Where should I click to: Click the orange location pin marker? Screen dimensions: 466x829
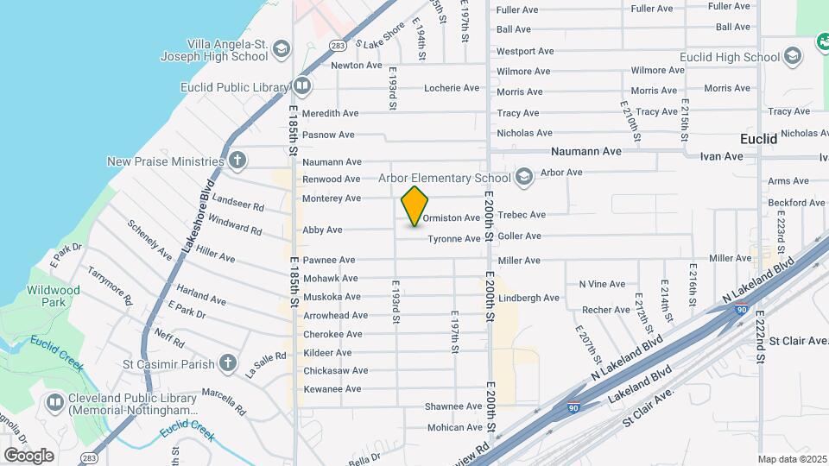[415, 206]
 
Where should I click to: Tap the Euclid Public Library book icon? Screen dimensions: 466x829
[302, 86]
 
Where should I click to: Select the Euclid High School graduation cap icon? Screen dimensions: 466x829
[793, 57]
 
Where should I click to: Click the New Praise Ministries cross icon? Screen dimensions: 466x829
[237, 161]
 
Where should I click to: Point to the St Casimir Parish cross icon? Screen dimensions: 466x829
[227, 363]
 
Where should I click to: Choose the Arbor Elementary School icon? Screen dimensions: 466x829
[523, 178]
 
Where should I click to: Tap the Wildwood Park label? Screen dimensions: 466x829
[54, 296]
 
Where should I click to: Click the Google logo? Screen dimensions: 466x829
[28, 455]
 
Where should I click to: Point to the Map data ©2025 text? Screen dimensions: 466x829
[792, 459]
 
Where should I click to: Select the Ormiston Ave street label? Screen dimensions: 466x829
[451, 218]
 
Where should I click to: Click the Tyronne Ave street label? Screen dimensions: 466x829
[454, 239]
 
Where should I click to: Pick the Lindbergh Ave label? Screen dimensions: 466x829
[529, 299]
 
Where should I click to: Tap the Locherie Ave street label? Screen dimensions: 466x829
[452, 88]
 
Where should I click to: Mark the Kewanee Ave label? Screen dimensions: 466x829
[332, 389]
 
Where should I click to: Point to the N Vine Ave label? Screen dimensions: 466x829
[602, 284]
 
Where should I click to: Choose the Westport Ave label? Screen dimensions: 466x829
[525, 52]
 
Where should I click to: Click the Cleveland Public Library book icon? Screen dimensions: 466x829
[55, 402]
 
